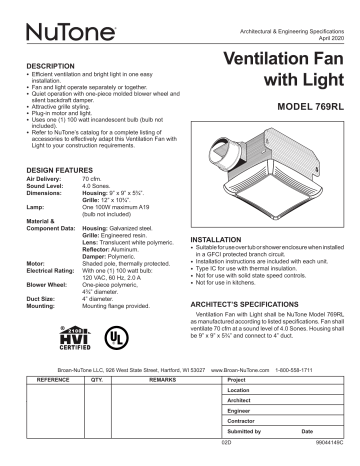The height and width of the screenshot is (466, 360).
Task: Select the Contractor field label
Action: click(x=243, y=423)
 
